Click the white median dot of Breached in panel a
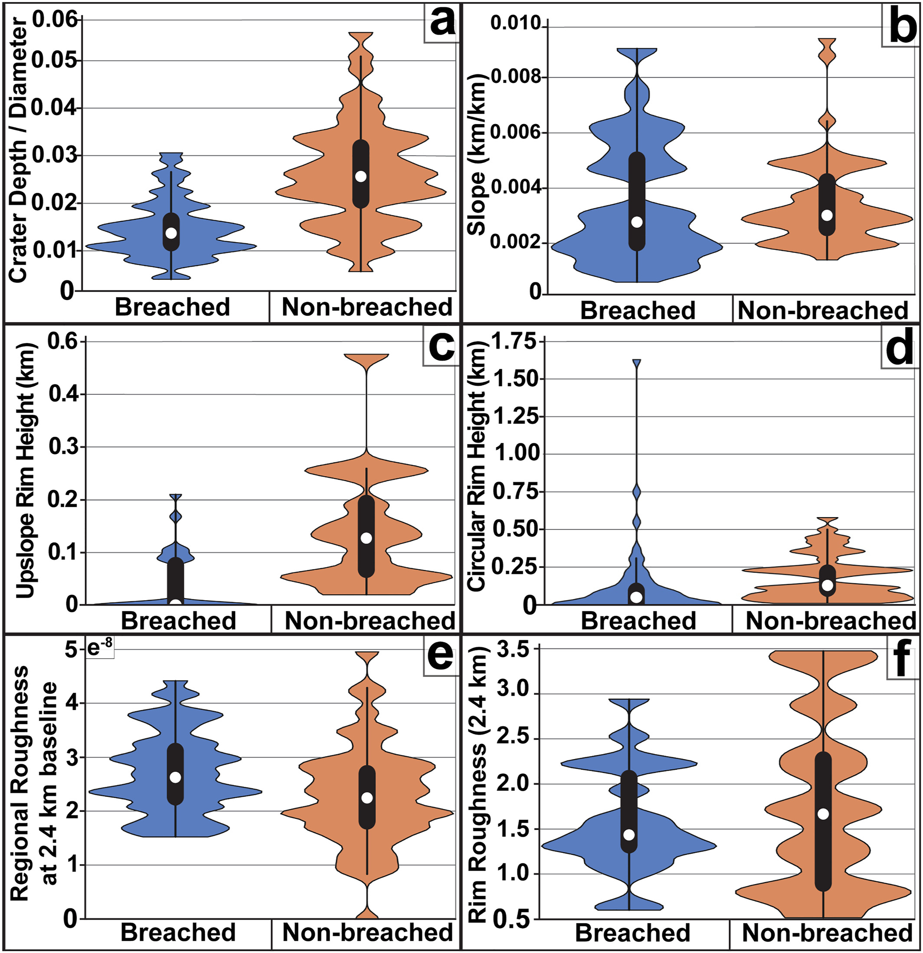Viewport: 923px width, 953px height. (171, 233)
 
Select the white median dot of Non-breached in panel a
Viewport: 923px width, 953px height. (361, 177)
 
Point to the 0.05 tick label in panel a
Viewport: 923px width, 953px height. (55, 61)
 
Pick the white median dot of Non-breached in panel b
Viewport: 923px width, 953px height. (827, 215)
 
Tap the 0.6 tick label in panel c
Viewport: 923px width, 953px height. (63, 341)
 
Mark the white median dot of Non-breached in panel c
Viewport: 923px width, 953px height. (366, 538)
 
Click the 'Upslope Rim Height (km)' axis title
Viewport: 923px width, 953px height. (25, 471)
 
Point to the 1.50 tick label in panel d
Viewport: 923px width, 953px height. (516, 379)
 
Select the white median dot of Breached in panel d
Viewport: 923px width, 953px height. (636, 597)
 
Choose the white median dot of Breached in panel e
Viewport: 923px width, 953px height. (176, 777)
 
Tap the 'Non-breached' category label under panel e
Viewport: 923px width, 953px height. (368, 933)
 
